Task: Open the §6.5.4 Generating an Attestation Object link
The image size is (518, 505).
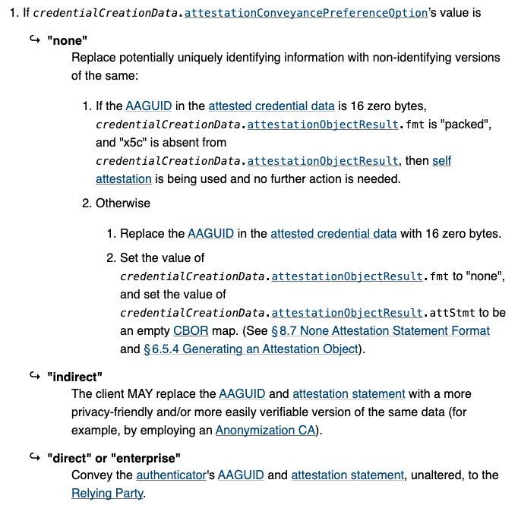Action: (x=251, y=349)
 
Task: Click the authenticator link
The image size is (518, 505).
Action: (x=171, y=475)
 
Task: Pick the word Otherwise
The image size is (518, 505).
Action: (x=123, y=204)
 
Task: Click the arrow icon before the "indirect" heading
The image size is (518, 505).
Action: (x=35, y=376)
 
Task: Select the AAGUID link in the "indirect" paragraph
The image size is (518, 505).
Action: (x=241, y=394)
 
